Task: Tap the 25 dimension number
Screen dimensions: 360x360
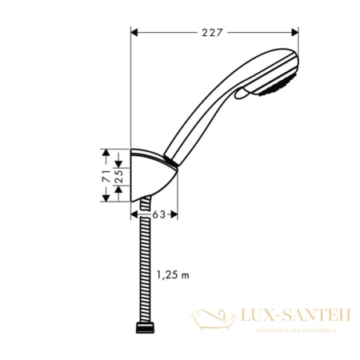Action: (x=118, y=174)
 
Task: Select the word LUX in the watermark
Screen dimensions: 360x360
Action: (x=256, y=318)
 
